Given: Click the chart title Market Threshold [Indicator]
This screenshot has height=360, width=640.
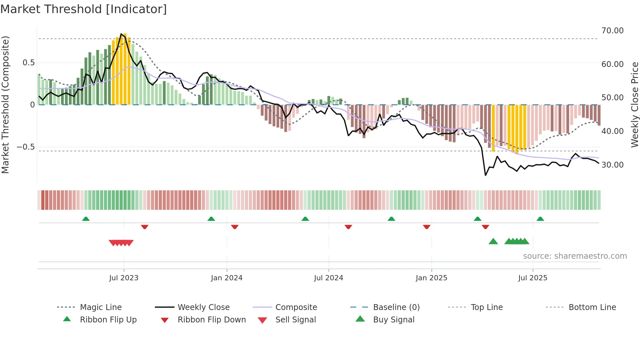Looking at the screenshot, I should point(84,9).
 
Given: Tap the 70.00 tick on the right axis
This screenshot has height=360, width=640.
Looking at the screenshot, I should point(612,31).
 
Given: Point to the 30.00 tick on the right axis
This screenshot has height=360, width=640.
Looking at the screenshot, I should point(612,165).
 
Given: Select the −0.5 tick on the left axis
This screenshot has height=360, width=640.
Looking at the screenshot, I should point(25,147).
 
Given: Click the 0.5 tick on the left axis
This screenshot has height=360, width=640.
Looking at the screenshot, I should point(28,63).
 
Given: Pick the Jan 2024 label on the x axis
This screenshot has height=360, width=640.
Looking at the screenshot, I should point(227,278).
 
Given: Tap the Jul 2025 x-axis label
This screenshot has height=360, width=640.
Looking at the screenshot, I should point(533,278).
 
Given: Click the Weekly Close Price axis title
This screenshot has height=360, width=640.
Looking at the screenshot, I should point(634,105).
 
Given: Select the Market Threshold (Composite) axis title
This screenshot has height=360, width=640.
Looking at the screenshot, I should point(5,105).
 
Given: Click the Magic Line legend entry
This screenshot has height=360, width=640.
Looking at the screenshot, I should point(101,307).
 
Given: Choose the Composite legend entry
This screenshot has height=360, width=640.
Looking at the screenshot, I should point(296,307).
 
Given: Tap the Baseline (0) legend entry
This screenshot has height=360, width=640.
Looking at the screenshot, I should point(396,307).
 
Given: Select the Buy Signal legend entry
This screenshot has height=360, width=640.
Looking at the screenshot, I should point(393,320).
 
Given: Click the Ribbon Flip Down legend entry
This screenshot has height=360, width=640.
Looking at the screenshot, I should point(211,320).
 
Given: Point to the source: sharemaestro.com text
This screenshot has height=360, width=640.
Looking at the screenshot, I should point(575,256).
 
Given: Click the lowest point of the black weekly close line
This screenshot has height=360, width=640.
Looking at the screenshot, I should point(486,175).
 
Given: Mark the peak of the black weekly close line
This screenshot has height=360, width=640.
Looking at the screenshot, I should point(121,34).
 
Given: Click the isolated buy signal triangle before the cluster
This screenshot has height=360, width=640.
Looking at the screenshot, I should point(493,241).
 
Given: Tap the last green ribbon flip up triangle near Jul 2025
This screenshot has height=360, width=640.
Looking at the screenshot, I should point(540,219).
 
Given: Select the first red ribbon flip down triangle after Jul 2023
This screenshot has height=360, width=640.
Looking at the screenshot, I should point(145,227).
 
